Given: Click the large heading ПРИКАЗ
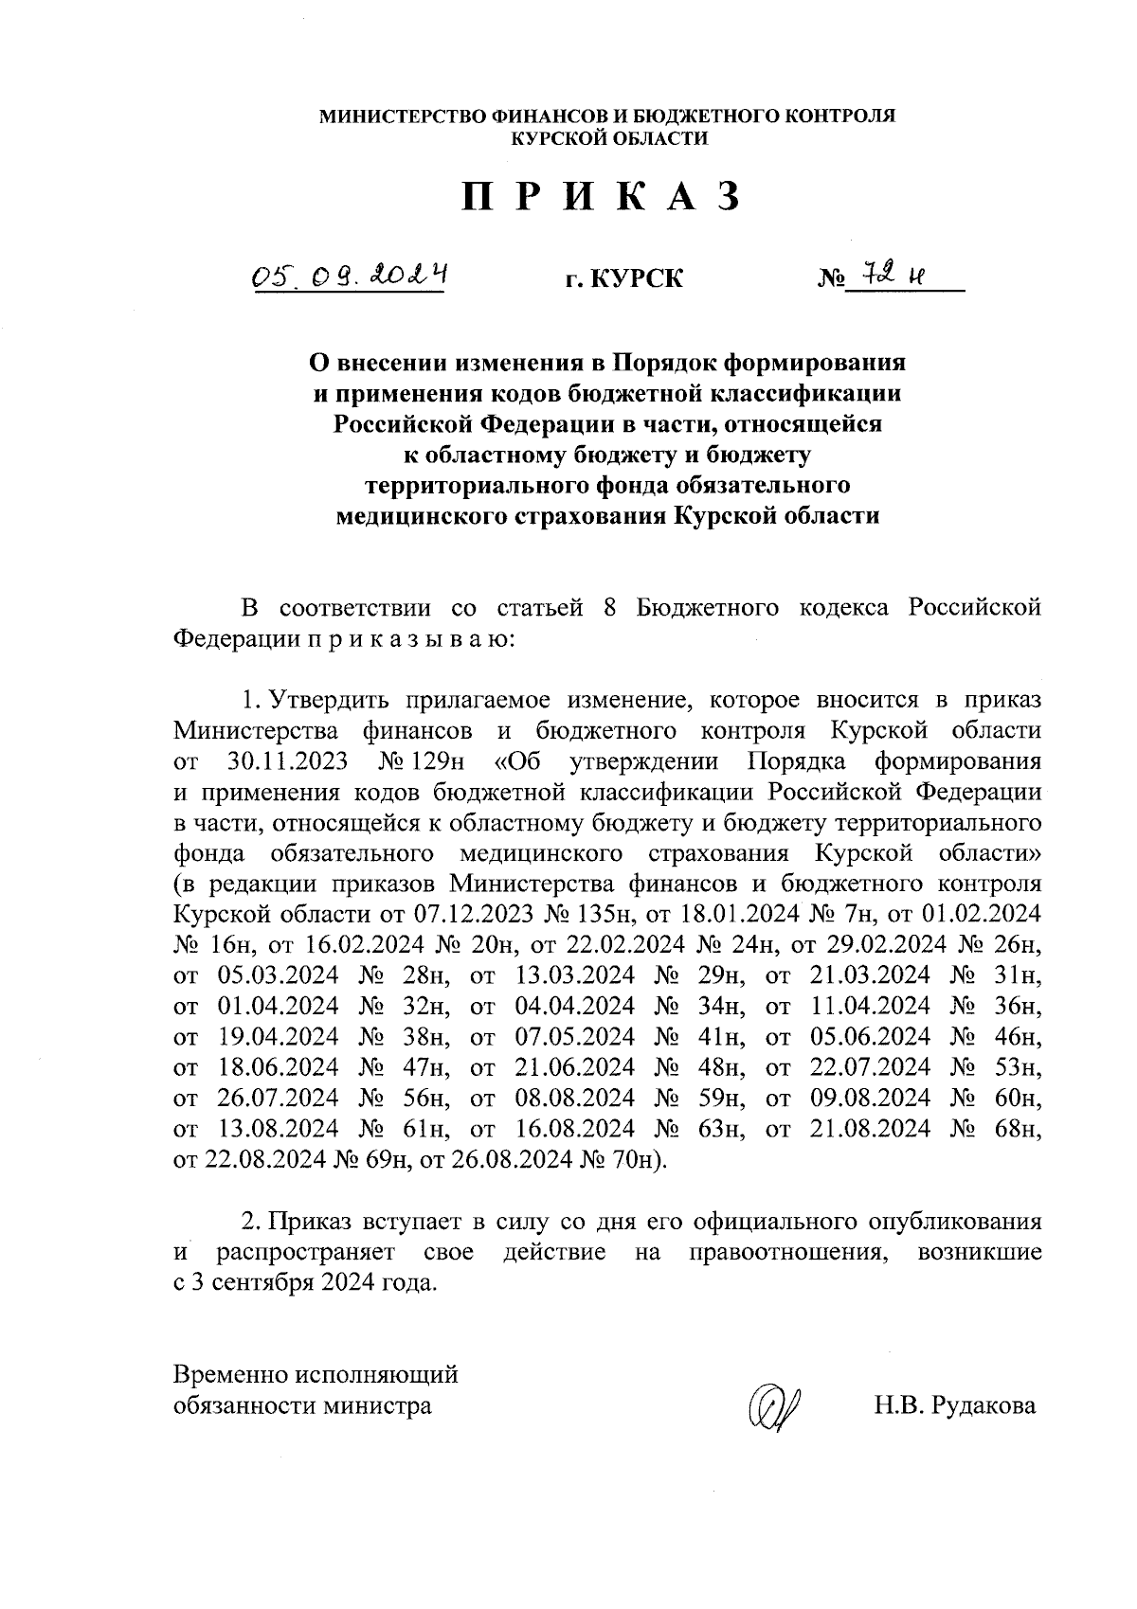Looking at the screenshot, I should point(600,196).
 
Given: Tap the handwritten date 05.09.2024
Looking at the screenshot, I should point(349,276).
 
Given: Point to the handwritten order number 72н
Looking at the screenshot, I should point(890,275).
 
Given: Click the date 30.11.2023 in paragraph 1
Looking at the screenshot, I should point(287,761).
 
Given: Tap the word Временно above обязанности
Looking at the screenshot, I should point(232,1374).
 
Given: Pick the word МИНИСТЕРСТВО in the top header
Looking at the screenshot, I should point(401,116).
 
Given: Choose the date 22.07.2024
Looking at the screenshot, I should point(871,1067).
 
